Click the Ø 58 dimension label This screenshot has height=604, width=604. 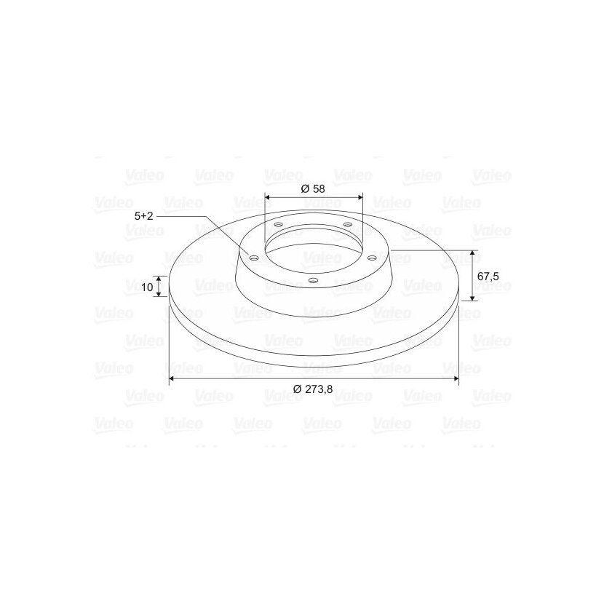(x=313, y=188)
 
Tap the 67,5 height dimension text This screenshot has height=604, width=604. (x=488, y=277)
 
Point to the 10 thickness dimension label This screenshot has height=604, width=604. (x=147, y=287)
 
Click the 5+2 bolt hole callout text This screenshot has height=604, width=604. (x=143, y=216)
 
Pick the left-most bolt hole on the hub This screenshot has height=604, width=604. (x=253, y=258)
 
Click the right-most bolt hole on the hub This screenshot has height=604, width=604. (x=372, y=258)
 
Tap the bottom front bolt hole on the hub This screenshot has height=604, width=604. (x=313, y=280)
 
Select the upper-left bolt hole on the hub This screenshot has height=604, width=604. (x=278, y=225)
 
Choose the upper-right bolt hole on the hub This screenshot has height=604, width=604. (x=348, y=224)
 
